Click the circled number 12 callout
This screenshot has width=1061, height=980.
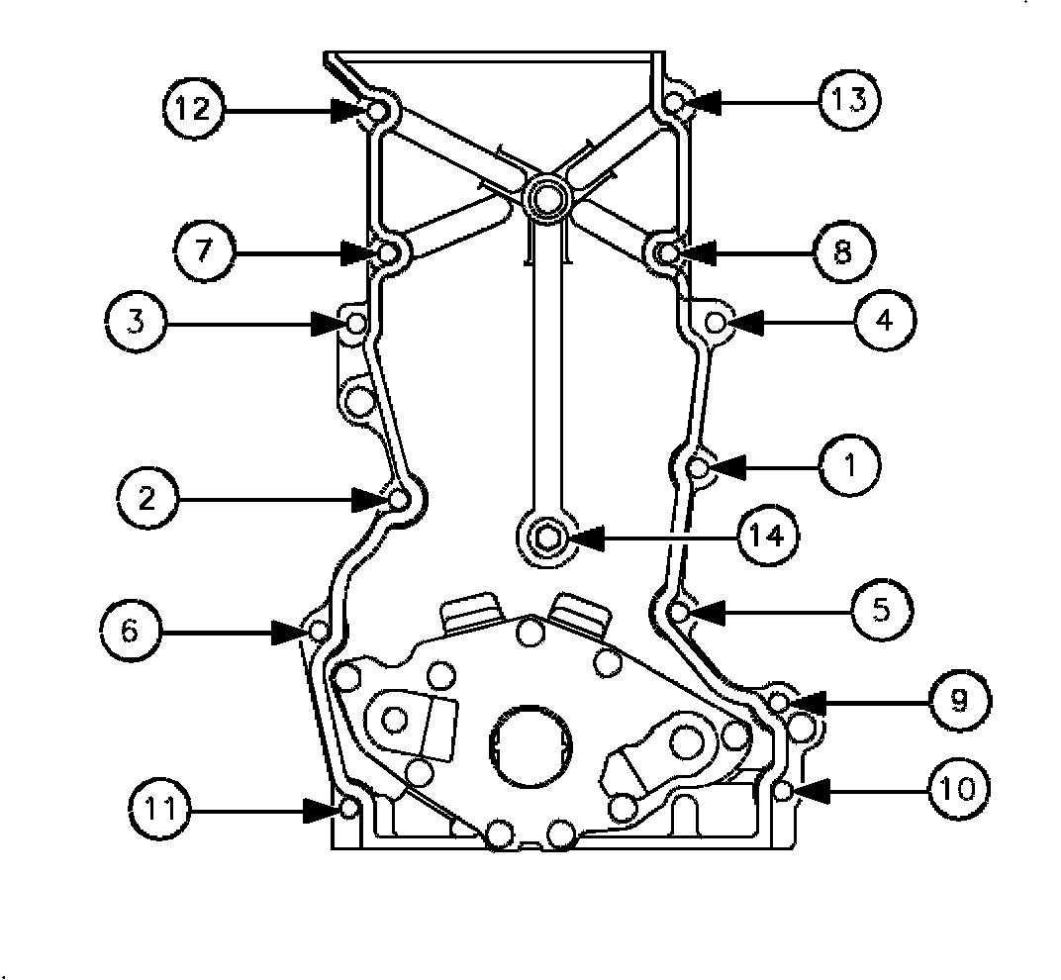[x=195, y=108]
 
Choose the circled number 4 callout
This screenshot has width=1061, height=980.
[x=886, y=321]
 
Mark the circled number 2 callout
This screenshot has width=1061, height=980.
[x=147, y=499]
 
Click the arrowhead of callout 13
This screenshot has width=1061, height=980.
[x=698, y=101]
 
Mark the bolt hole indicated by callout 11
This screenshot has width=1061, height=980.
[x=349, y=810]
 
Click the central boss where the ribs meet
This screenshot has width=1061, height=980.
[x=545, y=196]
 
